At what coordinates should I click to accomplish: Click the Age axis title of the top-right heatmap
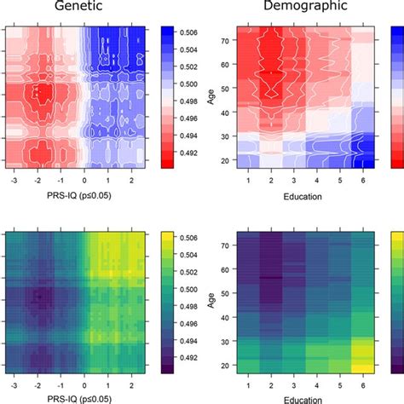tap(210, 95)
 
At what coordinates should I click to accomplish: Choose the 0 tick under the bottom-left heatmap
tap(85, 384)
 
